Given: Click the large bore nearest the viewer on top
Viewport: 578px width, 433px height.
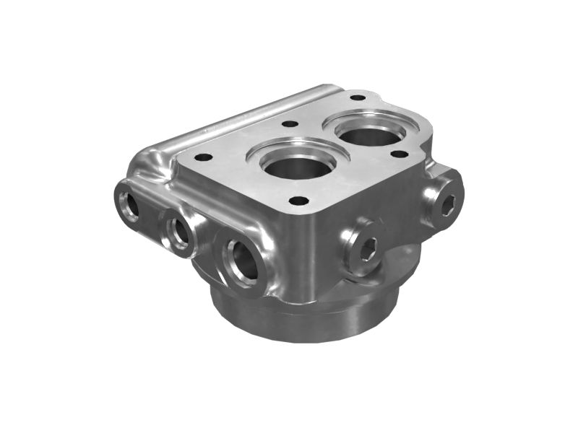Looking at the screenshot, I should point(296,165).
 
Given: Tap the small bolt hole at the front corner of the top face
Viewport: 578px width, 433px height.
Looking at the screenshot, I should point(296,201).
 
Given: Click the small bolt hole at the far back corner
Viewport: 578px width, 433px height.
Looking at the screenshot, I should point(357,97).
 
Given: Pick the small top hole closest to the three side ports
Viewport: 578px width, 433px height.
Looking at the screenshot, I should point(204,157).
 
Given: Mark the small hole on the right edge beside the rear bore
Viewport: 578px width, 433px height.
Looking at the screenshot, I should point(397,154).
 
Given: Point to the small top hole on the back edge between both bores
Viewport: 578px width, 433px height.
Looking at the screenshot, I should point(290,124).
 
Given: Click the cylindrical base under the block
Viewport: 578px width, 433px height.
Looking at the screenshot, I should point(303,318).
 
